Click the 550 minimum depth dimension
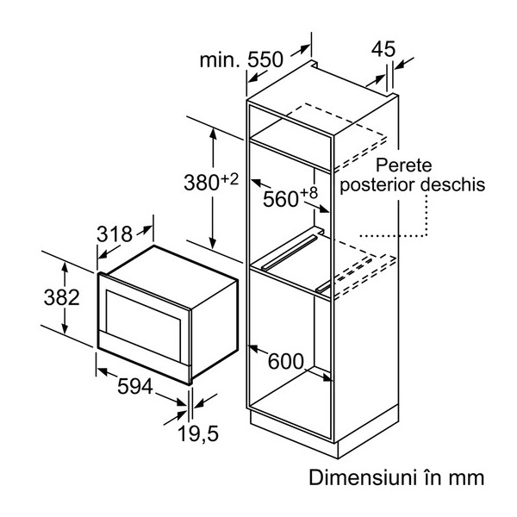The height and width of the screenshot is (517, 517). point(265,59)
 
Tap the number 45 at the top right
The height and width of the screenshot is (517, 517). point(383,49)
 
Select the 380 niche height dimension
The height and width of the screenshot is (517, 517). point(202,183)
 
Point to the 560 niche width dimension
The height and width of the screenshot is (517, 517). point(281,199)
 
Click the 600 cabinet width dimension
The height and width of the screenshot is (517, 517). point(285,361)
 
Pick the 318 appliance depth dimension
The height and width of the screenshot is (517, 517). point(115,234)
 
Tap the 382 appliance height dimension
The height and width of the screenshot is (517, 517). point(62,297)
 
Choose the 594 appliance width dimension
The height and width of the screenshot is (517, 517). point(135,386)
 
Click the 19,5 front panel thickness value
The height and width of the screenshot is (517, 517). point(198,433)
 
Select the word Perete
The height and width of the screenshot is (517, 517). point(403,165)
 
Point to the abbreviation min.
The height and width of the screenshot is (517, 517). point(220,60)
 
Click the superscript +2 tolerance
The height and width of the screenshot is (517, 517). point(229,180)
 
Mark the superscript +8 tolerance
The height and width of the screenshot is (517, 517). point(309,193)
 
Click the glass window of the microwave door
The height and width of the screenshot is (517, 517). point(144,317)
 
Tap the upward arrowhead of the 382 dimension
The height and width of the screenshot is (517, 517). point(65,268)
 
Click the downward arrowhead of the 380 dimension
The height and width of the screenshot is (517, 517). point(213,243)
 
